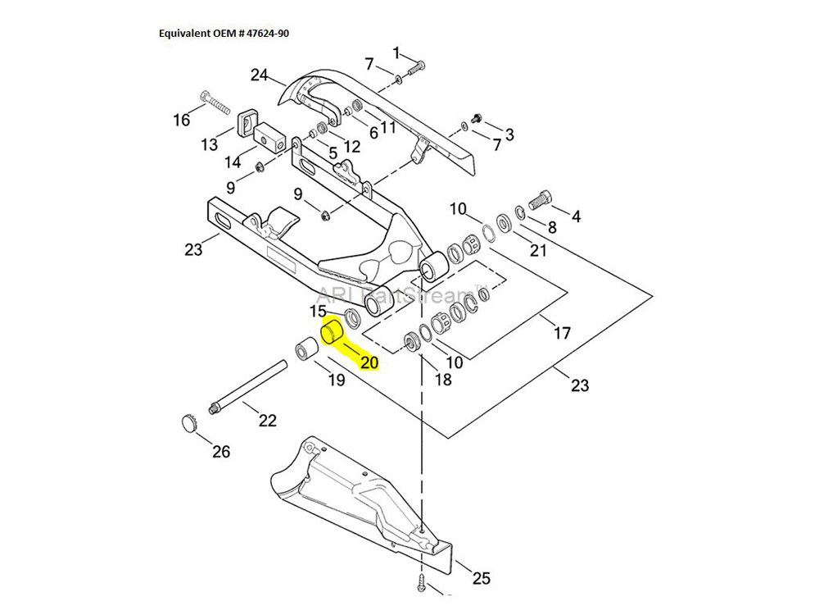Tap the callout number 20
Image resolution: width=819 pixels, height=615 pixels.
[x=369, y=362]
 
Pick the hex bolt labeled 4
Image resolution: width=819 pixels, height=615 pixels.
[x=543, y=198]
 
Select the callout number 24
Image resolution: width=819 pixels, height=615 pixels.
[x=259, y=75]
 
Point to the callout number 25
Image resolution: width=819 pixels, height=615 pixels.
[x=481, y=578]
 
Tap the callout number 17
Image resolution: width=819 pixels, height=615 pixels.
[x=562, y=334]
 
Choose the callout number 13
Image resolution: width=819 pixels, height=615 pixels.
[x=210, y=145]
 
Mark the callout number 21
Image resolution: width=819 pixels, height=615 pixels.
[x=537, y=250]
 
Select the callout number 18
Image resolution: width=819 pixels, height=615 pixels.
[x=442, y=379]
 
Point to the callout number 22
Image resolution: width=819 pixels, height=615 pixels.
[x=267, y=421]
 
